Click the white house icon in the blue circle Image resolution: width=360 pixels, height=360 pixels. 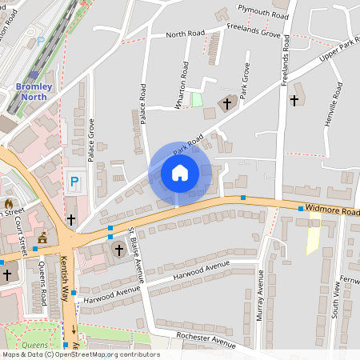180,173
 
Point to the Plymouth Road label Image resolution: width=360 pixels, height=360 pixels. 263,11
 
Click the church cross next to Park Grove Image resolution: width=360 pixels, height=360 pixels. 227,103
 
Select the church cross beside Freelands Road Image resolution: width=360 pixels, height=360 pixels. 294,101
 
